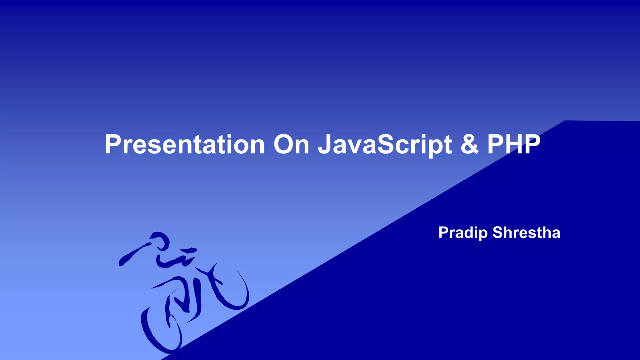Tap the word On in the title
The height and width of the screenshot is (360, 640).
291,144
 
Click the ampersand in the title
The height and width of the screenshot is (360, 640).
469,144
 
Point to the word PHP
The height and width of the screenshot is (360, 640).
514,144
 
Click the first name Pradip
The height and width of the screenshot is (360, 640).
463,233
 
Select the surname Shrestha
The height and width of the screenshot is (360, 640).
526,233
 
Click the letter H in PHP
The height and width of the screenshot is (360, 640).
514,144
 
